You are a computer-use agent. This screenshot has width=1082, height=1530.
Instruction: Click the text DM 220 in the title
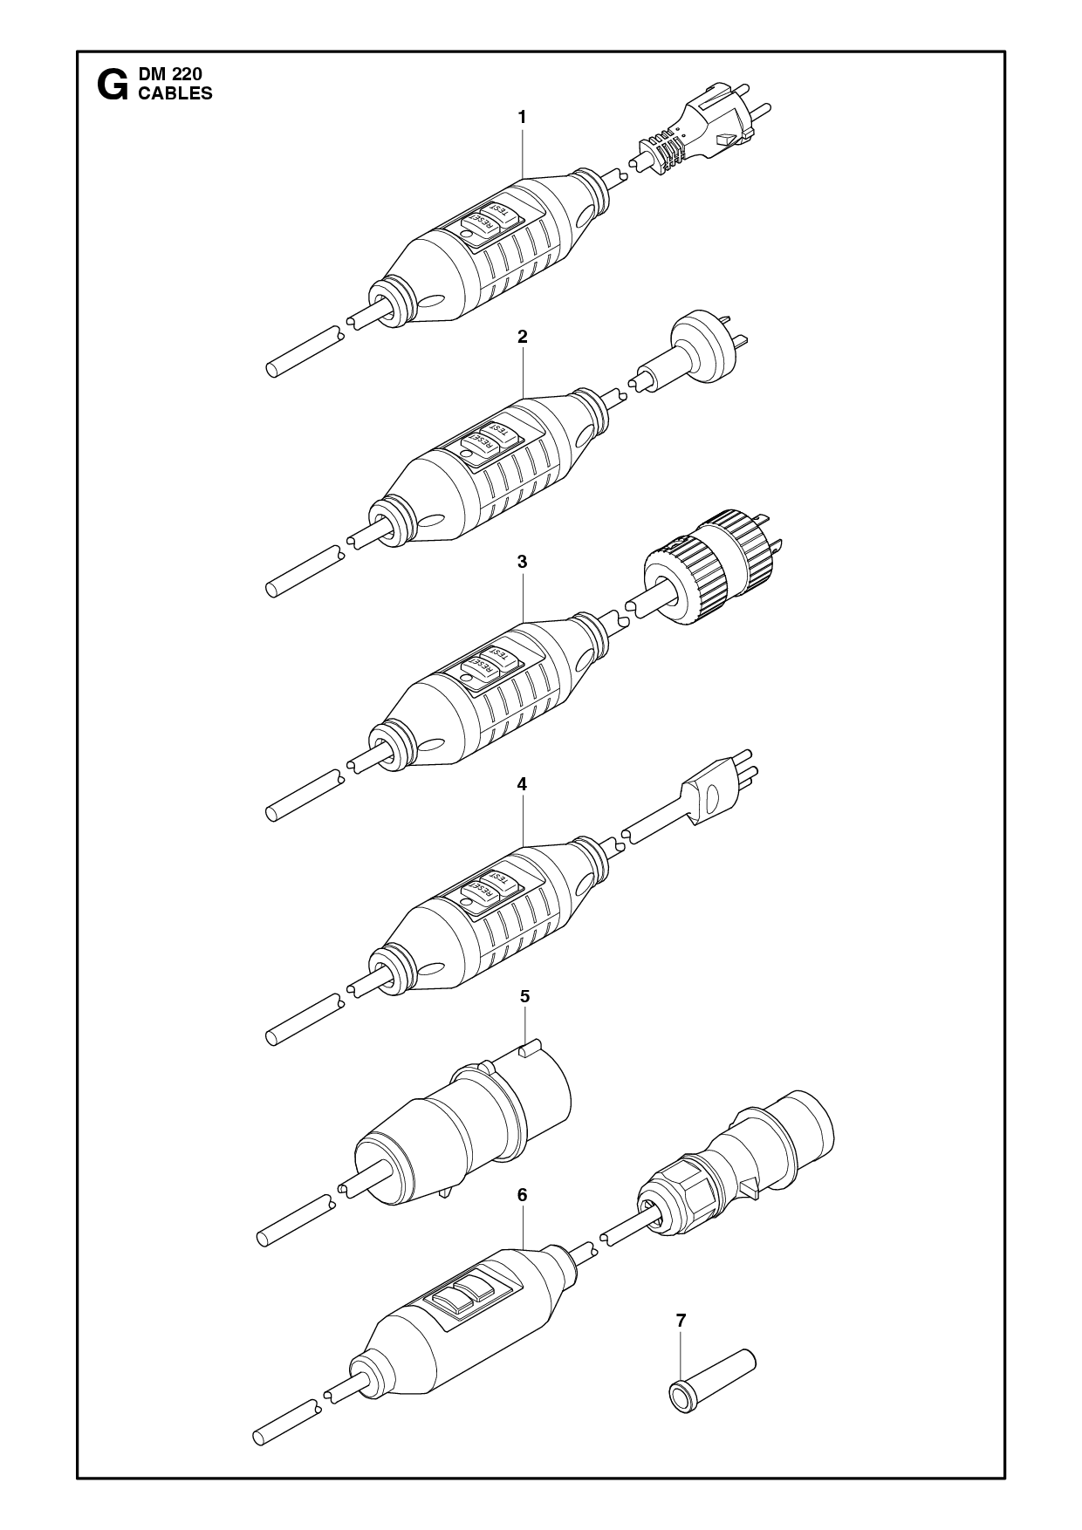pos(170,76)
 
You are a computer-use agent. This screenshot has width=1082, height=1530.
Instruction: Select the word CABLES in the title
pos(175,94)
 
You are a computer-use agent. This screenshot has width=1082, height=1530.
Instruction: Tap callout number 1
pos(522,116)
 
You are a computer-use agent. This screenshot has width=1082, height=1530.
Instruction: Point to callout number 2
pos(522,336)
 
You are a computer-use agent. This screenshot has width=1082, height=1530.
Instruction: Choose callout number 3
pos(522,562)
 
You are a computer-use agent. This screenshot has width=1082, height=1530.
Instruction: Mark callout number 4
pos(522,784)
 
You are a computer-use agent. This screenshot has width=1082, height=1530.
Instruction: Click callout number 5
pos(524,996)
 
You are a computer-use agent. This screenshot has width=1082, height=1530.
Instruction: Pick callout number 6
pos(522,1195)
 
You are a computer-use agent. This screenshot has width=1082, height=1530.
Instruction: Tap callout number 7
pos(681,1345)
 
